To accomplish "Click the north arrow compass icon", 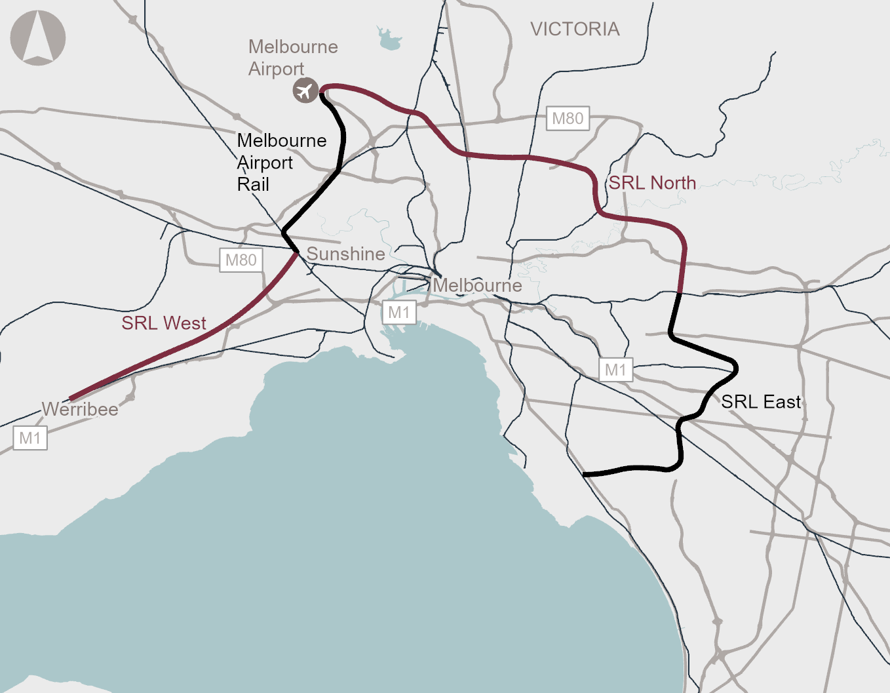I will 38,38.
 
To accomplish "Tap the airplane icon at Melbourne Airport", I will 305,90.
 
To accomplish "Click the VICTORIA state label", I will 575,30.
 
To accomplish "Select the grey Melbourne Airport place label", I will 292,58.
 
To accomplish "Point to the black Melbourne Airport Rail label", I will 281,162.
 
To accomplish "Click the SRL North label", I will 652,183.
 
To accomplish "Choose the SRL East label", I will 761,402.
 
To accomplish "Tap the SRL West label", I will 164,323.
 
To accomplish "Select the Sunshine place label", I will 345,254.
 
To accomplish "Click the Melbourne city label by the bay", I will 477,286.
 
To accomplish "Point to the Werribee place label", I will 80,410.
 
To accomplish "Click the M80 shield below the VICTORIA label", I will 568,119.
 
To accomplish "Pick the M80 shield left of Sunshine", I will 241,260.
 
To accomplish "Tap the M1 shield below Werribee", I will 30,438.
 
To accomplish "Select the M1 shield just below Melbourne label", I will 398,313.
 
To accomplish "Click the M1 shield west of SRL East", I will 615,370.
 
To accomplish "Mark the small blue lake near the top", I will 389,41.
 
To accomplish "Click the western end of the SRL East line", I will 584,473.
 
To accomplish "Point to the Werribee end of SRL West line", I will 71,398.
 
